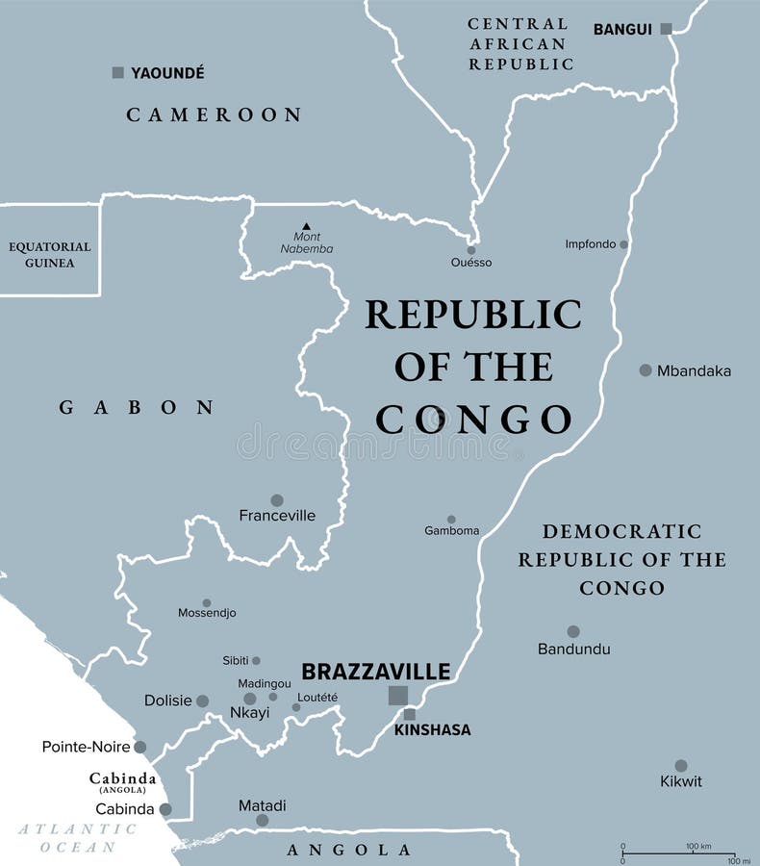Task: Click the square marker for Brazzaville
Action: [397, 695]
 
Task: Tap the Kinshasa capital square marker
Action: [410, 714]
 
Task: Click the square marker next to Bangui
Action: [666, 29]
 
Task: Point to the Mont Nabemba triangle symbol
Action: [306, 226]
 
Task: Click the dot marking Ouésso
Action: [471, 246]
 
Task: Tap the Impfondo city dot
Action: [623, 244]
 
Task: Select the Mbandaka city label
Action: [694, 370]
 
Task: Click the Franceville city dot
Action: [277, 500]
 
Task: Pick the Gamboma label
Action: [451, 530]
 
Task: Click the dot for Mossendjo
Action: [207, 602]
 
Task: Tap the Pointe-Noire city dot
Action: [140, 747]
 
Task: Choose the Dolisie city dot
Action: [202, 700]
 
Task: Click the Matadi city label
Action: [262, 805]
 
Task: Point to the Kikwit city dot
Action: [681, 766]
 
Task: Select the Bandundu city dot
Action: [573, 632]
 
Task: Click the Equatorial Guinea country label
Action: [50, 254]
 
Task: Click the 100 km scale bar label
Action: [697, 846]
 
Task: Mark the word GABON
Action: [136, 408]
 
